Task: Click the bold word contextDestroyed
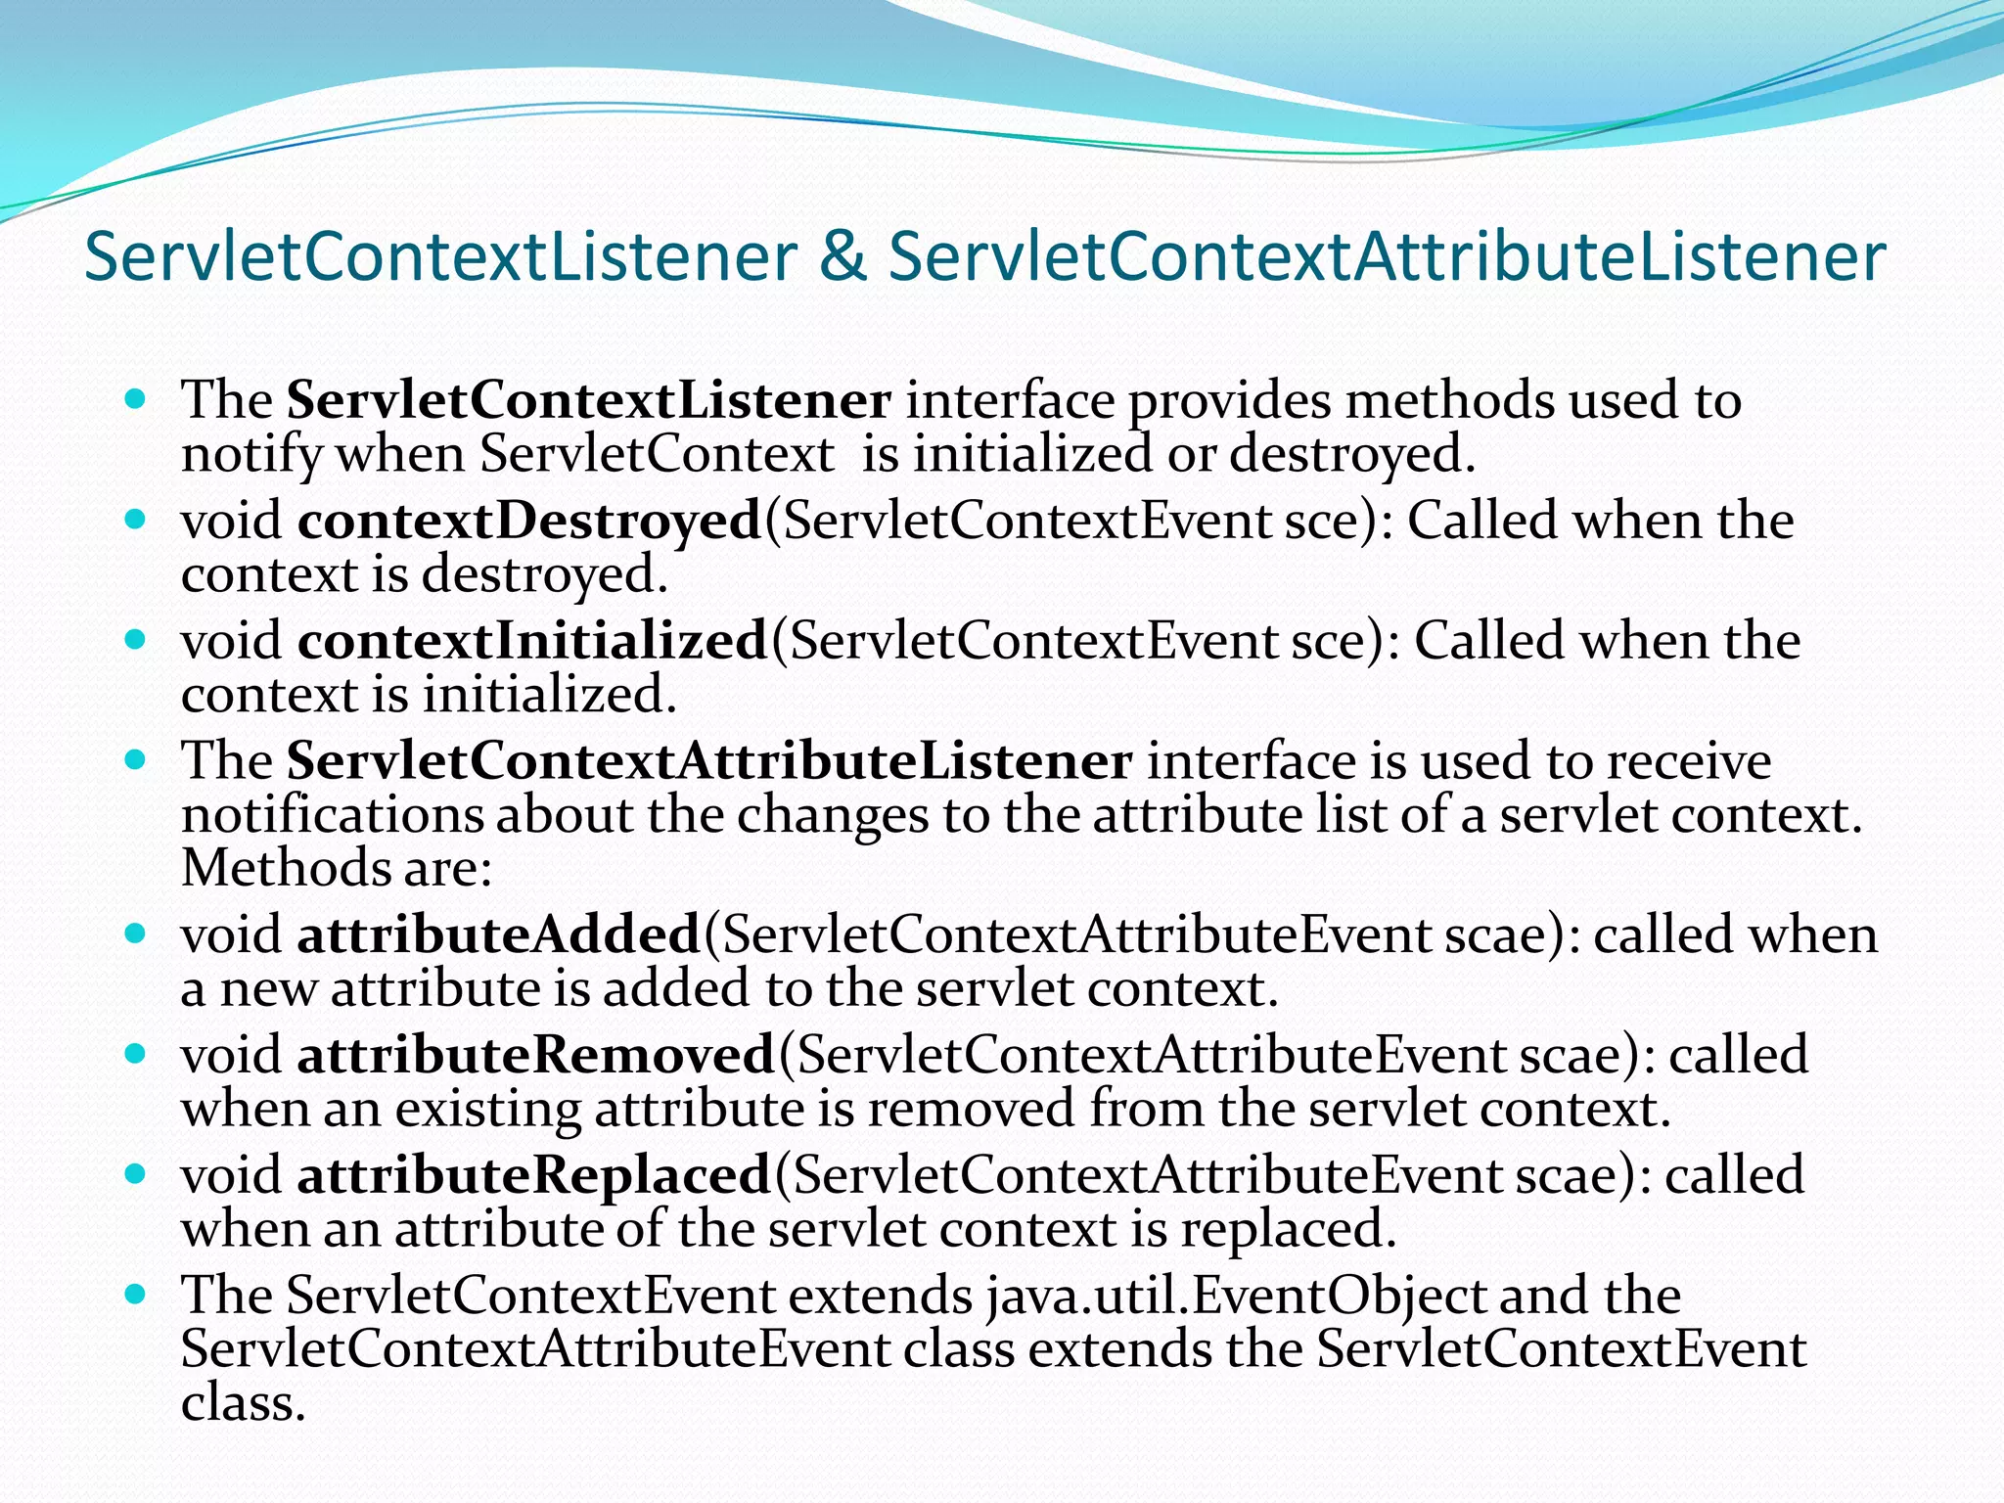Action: pos(528,521)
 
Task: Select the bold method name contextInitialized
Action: pos(532,641)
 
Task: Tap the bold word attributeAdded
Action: pos(498,934)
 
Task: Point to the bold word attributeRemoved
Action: pos(535,1055)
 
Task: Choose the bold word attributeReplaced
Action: pos(533,1175)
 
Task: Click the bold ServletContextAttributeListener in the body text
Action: pos(709,761)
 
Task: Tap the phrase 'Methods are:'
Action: pos(337,868)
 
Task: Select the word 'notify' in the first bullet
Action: pos(251,454)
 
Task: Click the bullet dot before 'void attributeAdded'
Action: pos(136,934)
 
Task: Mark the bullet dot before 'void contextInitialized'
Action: pos(136,640)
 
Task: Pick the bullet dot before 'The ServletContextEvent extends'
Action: pos(136,1295)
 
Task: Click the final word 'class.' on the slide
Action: pos(244,1402)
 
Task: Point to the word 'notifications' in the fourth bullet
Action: pos(332,815)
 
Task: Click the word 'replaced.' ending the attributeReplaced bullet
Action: pos(1288,1230)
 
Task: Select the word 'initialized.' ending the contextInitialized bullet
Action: pos(549,696)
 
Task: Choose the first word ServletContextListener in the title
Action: pos(440,257)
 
